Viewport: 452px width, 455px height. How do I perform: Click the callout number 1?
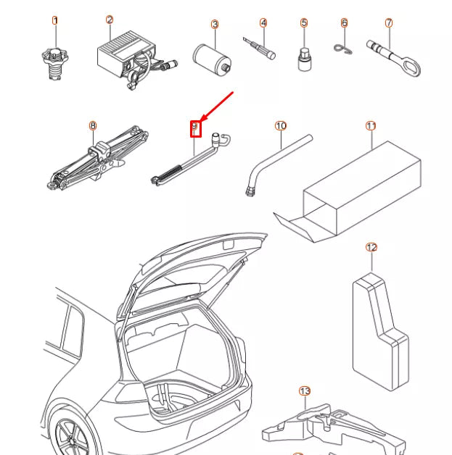[55, 20]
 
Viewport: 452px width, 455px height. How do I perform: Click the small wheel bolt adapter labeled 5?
[305, 59]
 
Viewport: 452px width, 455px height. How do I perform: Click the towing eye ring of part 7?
[411, 69]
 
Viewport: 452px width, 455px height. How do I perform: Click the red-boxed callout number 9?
[194, 128]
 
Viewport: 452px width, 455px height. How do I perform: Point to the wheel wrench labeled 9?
[189, 159]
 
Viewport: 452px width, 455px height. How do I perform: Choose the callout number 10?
[281, 125]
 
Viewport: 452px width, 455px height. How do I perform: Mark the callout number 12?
[371, 247]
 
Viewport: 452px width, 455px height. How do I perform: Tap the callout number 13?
[305, 391]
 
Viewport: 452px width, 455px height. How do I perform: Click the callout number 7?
[389, 22]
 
